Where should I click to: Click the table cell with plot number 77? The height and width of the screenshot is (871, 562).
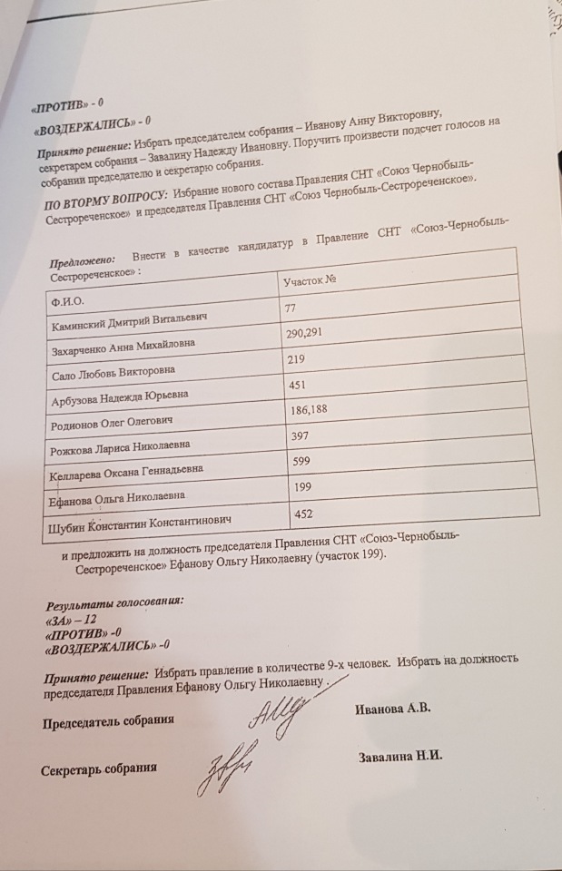point(291,308)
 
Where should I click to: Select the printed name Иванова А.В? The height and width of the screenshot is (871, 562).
point(391,710)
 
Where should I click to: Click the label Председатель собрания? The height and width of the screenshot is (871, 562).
point(108,722)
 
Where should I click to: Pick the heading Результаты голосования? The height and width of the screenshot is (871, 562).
point(114,602)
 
